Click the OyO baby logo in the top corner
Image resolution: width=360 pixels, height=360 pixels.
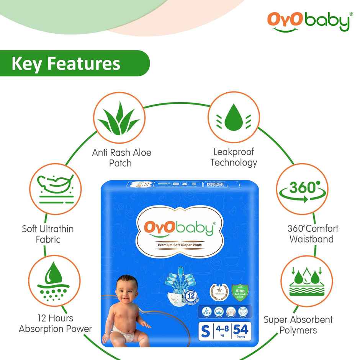308,22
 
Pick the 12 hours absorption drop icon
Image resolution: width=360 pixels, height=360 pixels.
54,281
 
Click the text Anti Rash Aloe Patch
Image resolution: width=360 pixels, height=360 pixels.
121,158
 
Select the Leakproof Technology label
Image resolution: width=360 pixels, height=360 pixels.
233,157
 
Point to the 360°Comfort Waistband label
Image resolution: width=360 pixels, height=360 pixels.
313,234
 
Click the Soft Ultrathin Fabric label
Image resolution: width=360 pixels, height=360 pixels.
47,234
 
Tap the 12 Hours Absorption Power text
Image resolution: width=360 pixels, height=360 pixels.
56,324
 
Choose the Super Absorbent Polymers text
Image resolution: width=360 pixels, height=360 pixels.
298,325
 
